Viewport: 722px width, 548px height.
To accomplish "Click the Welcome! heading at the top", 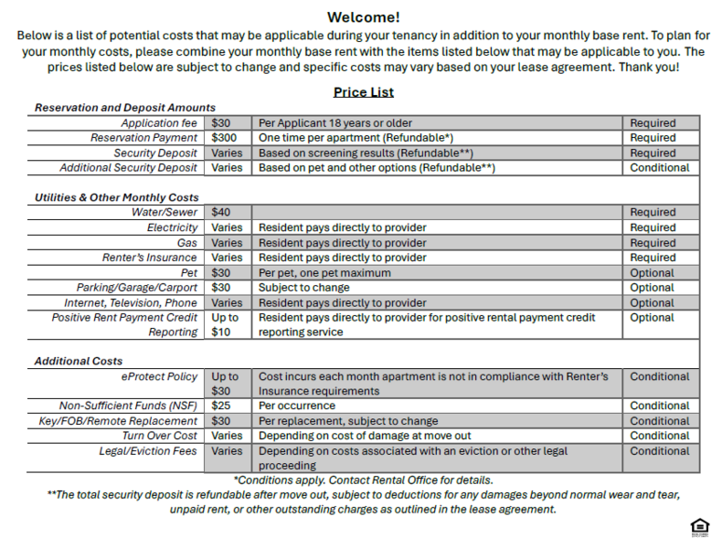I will click(x=363, y=17).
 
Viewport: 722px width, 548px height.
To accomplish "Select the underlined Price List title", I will click(x=363, y=92).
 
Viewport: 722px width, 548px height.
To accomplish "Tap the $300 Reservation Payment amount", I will click(x=224, y=138).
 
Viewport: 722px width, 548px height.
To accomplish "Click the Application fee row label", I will click(x=159, y=123).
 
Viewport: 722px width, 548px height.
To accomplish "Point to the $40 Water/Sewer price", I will click(x=221, y=213).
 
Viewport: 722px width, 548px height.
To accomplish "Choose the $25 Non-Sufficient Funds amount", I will click(x=221, y=406).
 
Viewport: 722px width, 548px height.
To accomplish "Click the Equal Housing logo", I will click(x=700, y=527).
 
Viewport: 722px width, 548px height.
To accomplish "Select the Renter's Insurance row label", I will click(x=149, y=258).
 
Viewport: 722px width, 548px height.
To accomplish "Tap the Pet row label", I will click(x=188, y=272).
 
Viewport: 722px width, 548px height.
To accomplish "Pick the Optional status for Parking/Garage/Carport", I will click(x=652, y=288).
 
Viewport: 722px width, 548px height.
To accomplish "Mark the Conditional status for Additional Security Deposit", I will click(x=659, y=168).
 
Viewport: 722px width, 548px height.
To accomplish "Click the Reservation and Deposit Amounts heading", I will click(x=125, y=108).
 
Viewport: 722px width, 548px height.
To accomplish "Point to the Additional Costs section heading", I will click(x=79, y=361).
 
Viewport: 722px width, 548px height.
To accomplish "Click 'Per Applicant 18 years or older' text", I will click(x=335, y=123).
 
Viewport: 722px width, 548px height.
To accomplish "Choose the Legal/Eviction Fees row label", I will click(x=148, y=451).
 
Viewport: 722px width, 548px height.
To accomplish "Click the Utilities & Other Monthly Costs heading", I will click(x=117, y=197).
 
